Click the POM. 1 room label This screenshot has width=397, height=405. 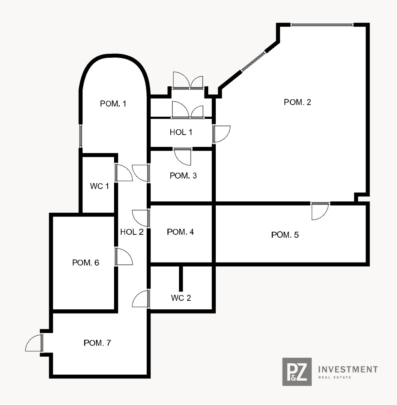[113, 103]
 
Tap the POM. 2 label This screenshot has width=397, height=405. [297, 102]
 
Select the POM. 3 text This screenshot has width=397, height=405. [183, 175]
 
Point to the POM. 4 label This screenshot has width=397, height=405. [180, 232]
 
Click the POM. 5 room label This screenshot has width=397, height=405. [285, 234]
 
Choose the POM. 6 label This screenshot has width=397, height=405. [86, 262]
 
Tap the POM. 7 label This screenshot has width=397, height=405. [97, 343]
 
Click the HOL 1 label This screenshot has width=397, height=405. [181, 132]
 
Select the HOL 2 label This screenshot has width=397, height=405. [132, 232]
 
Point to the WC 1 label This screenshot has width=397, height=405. [99, 186]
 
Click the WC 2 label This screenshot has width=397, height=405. [181, 298]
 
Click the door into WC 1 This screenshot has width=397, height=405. [123, 172]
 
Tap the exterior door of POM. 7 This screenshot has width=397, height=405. [34, 343]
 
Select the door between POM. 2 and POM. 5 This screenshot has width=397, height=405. [320, 211]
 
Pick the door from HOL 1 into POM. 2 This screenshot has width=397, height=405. [221, 134]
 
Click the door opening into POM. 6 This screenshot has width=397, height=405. [123, 256]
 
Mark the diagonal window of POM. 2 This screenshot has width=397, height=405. [253, 61]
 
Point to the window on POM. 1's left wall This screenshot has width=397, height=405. [80, 136]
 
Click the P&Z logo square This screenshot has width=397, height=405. [297, 372]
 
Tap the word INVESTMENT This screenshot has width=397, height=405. [348, 369]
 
